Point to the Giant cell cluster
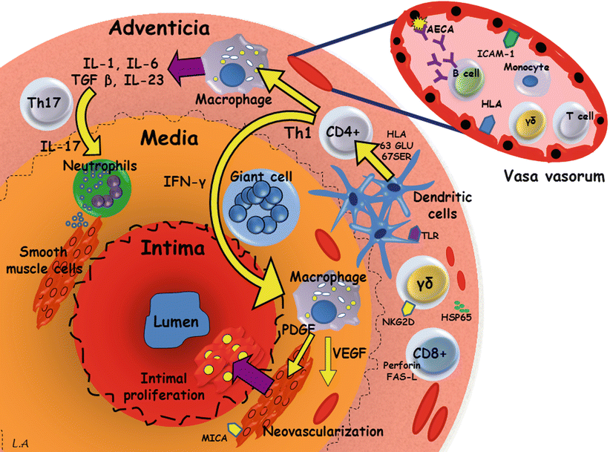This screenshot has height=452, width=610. click(x=260, y=200)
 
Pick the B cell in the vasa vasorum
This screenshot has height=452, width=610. click(x=468, y=86)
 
